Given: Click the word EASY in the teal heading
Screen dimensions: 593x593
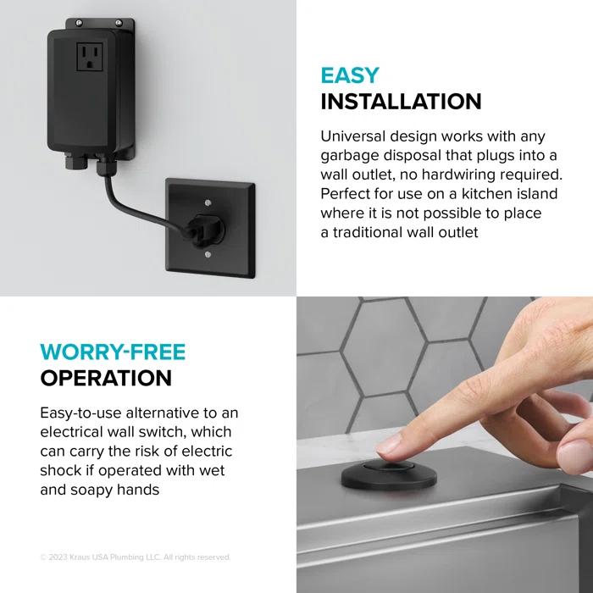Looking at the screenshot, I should point(351,75).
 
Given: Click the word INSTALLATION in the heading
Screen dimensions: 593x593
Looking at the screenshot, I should point(401,103).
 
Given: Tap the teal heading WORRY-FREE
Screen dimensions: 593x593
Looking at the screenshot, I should point(113,351).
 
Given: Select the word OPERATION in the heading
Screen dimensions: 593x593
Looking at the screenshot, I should point(106,377).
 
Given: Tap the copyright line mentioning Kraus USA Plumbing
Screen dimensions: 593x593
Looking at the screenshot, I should point(136,557).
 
